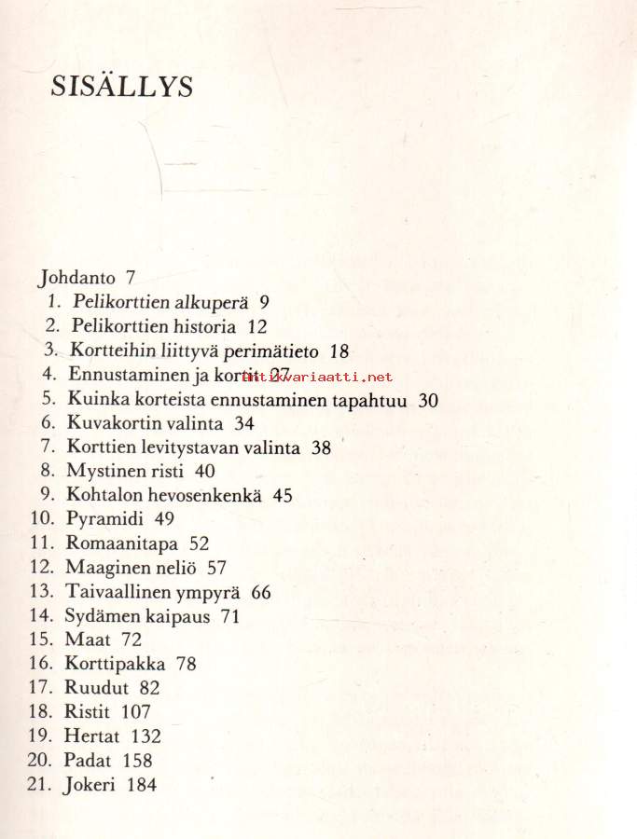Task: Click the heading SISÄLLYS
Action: [122, 87]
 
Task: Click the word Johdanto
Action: [77, 278]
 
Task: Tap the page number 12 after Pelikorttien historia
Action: [257, 326]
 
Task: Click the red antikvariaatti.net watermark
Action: [317, 377]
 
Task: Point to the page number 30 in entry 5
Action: [429, 400]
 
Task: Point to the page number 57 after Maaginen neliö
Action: [216, 568]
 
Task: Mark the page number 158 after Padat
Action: [136, 761]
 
